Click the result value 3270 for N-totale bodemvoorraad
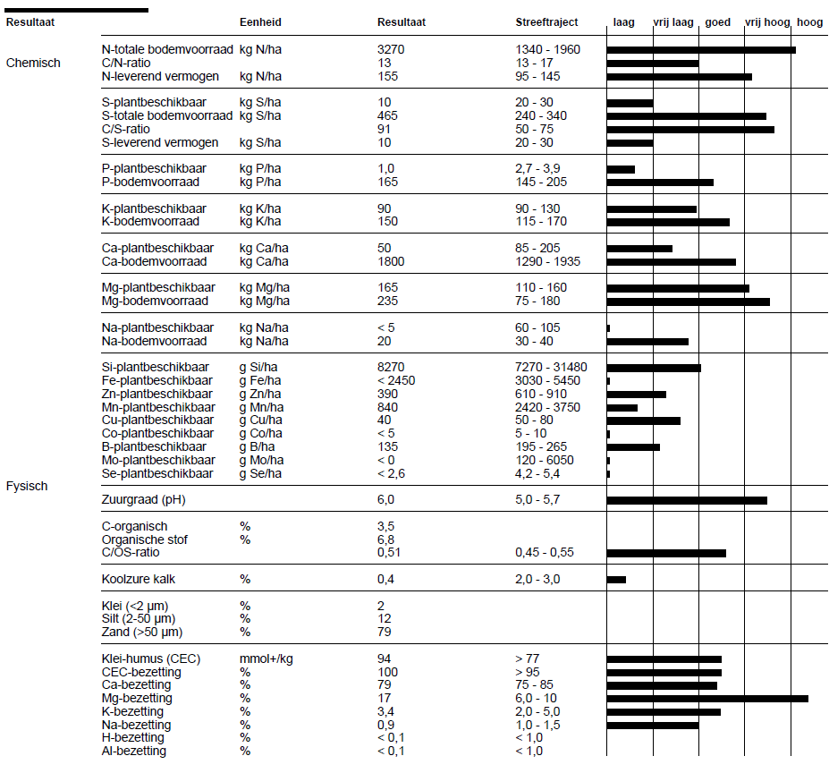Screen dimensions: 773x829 (x=391, y=50)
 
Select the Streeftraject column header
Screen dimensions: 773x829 (x=546, y=22)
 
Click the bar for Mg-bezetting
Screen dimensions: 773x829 (x=707, y=699)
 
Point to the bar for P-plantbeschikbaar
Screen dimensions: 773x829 (x=621, y=169)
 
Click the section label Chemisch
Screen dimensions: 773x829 (x=33, y=63)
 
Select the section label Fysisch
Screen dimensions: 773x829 (x=27, y=486)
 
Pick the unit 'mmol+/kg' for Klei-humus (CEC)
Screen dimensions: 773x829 (x=266, y=658)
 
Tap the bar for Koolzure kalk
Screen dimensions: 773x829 (x=616, y=580)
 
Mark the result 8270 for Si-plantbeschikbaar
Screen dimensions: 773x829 (x=391, y=368)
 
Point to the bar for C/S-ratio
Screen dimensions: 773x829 (x=690, y=130)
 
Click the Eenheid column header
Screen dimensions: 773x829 (x=260, y=22)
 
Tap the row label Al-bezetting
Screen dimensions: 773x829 (x=134, y=751)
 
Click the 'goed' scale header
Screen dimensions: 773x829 (x=717, y=22)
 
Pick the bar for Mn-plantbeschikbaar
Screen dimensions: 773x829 (x=622, y=407)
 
